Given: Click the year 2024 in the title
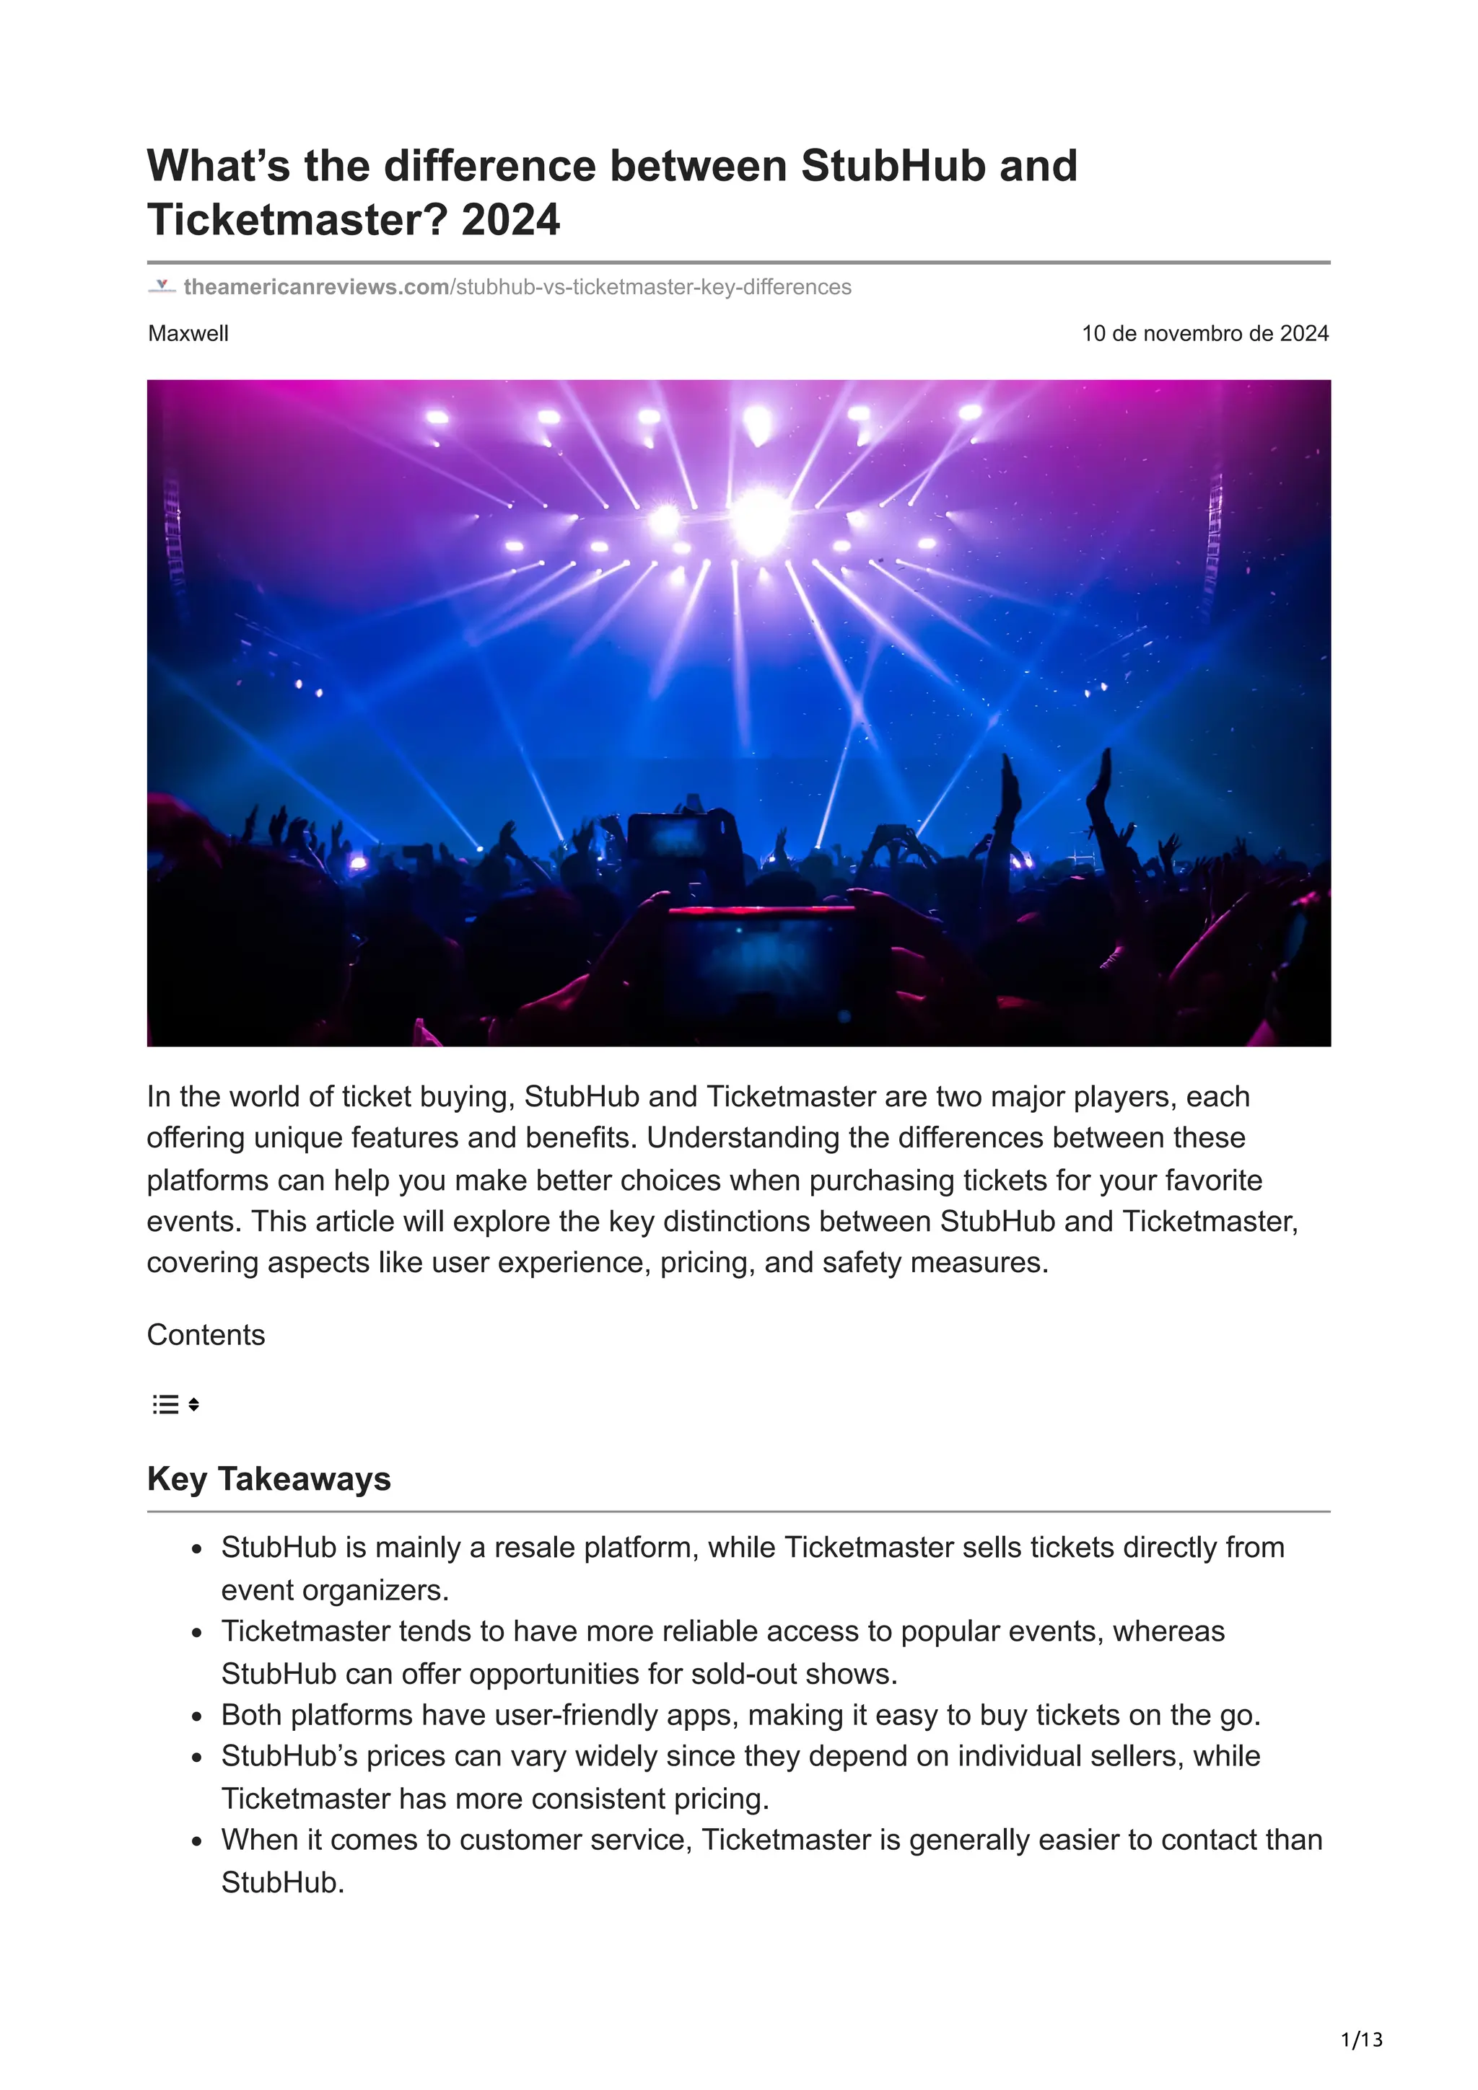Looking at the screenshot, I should [x=510, y=219].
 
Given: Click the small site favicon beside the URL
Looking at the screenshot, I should [x=161, y=287].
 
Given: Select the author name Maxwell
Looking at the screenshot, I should [x=188, y=333].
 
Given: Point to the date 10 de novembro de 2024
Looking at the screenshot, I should [x=1204, y=333].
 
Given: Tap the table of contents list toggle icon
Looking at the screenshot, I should [x=175, y=1405].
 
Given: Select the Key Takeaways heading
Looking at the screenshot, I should [x=268, y=1479].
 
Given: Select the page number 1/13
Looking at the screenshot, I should [x=1361, y=2040].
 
